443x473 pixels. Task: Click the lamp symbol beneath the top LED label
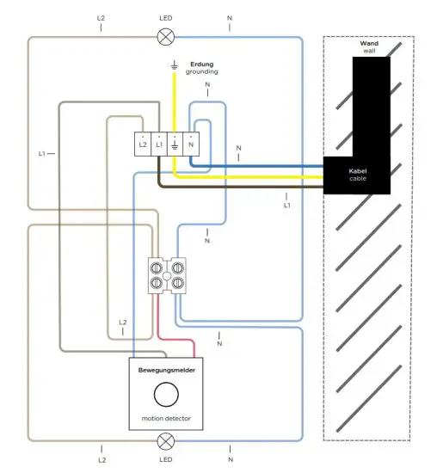pyautogui.click(x=164, y=36)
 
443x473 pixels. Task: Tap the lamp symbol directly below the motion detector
pyautogui.click(x=164, y=441)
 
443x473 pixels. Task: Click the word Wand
pyautogui.click(x=370, y=42)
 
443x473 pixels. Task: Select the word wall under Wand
pyautogui.click(x=370, y=51)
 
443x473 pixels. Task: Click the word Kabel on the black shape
pyautogui.click(x=357, y=171)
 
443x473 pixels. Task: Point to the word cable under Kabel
pyautogui.click(x=357, y=180)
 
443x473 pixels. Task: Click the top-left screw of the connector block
pyautogui.click(x=158, y=266)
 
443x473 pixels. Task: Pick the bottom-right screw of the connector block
pyautogui.click(x=177, y=281)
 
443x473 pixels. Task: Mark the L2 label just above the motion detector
pyautogui.click(x=122, y=322)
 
